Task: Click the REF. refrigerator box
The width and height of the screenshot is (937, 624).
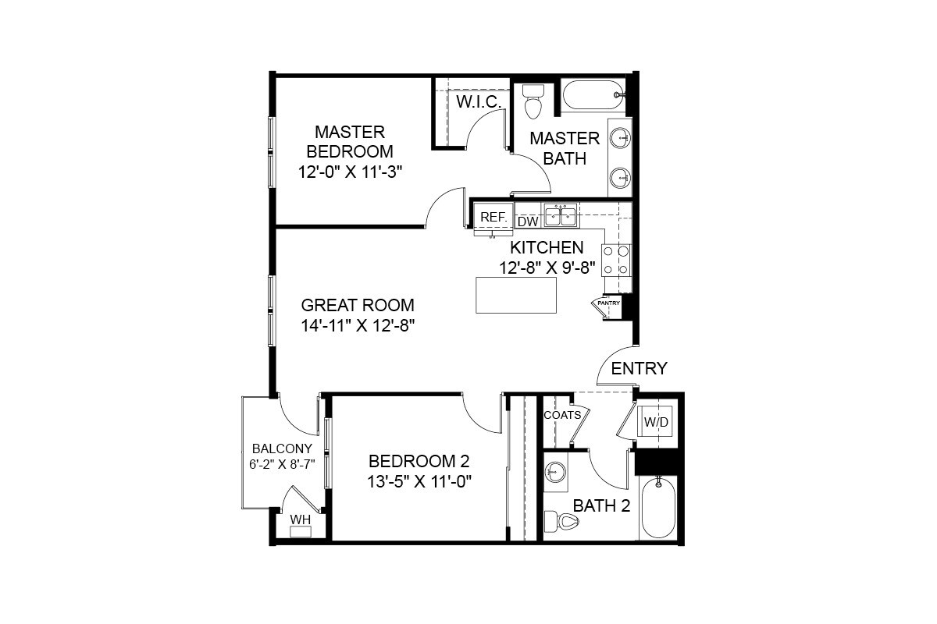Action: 493,218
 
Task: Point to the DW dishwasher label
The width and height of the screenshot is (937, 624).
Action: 528,222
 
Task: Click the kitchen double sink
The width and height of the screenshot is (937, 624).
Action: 561,214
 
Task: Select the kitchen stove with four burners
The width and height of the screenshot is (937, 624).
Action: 616,260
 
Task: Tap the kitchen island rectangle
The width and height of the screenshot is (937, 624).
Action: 516,295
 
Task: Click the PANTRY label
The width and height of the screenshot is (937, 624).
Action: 608,303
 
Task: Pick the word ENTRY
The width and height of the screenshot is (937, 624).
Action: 639,368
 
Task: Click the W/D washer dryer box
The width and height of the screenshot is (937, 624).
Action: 656,422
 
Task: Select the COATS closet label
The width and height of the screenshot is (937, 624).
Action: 562,415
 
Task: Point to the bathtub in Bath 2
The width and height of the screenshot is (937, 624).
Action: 657,508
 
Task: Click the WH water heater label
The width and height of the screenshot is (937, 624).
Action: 300,519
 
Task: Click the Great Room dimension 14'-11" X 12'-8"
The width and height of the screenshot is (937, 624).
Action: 358,326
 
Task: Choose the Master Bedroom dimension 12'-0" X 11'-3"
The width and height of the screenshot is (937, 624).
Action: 350,172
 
